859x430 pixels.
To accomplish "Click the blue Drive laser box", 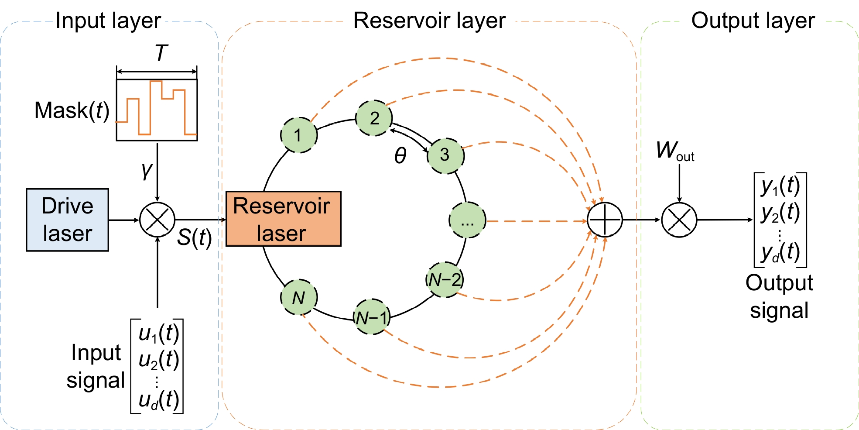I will [67, 220].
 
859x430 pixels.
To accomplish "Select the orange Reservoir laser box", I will [283, 219].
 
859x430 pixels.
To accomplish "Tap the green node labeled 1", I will [298, 135].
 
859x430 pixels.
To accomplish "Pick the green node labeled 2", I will [374, 118].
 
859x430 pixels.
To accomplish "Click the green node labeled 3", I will [445, 155].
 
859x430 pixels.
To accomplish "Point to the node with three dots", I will [467, 220].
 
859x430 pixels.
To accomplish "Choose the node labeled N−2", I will [445, 280].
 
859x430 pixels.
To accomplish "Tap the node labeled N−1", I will [371, 317].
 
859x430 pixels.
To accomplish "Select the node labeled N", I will [298, 297].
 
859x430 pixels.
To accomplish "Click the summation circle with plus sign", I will [605, 220].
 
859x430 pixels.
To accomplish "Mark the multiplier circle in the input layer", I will [157, 220].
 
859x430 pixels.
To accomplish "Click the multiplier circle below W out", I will [679, 220].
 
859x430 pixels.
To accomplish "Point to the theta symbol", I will [400, 155].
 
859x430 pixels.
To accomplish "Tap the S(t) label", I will [194, 238].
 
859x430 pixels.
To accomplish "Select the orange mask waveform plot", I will [157, 110].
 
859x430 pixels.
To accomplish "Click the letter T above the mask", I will [161, 53].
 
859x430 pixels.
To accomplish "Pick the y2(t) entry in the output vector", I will [780, 213].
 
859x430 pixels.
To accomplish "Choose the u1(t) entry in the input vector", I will [159, 334].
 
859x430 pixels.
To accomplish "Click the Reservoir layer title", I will [429, 21].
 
